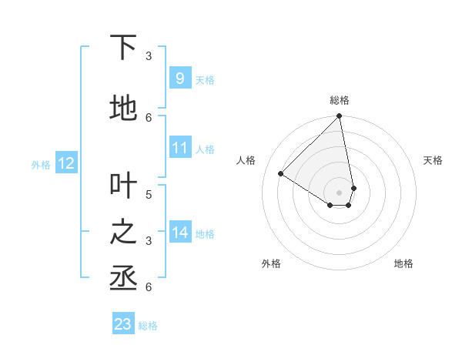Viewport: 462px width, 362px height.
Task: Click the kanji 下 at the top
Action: (x=123, y=48)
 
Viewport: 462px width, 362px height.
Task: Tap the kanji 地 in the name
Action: (x=123, y=109)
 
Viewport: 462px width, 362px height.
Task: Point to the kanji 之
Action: (x=123, y=232)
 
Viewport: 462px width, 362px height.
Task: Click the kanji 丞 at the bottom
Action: (x=123, y=278)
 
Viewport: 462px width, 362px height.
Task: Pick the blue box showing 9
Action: (x=179, y=78)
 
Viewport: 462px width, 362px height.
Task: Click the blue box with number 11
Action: (x=179, y=147)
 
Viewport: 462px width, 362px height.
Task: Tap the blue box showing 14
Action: (x=179, y=232)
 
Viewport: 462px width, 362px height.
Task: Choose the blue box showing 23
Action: (x=123, y=324)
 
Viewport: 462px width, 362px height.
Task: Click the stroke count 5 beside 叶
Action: (x=149, y=194)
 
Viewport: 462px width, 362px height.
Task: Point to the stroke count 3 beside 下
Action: (x=149, y=55)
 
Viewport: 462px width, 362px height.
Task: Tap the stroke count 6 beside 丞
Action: (x=149, y=287)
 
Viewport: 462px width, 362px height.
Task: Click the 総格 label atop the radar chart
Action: (x=340, y=100)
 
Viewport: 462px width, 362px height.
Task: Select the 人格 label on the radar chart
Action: (x=246, y=160)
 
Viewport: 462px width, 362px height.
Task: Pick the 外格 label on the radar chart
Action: (x=271, y=263)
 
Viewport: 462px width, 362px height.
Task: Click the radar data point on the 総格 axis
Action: (x=340, y=117)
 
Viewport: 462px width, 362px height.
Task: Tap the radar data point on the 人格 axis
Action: (x=281, y=173)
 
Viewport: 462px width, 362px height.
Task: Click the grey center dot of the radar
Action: (x=340, y=192)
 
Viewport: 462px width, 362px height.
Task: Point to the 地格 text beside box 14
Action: (x=206, y=234)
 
